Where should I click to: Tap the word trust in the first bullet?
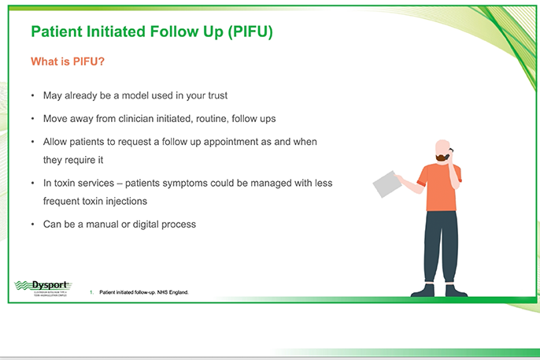pos(214,95)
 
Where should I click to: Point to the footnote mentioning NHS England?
pos(144,292)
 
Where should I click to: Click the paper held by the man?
pos(387,184)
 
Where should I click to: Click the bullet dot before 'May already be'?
pos(32,95)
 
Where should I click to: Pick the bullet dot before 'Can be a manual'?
pos(32,225)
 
